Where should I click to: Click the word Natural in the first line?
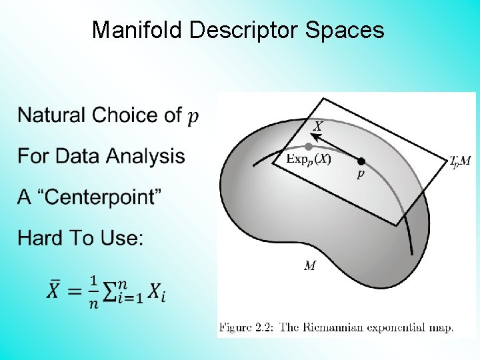(x=51, y=115)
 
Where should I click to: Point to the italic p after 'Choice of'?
(x=193, y=117)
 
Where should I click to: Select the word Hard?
(x=41, y=238)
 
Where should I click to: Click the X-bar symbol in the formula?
(x=55, y=291)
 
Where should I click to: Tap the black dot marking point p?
(x=361, y=161)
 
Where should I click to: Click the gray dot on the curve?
(x=309, y=146)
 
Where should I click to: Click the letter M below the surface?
(x=310, y=266)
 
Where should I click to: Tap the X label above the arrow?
(x=319, y=126)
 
